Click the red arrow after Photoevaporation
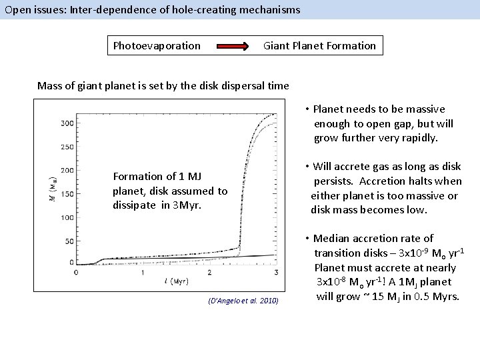(x=233, y=47)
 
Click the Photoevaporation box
(x=157, y=46)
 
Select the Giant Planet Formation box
(x=319, y=46)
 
